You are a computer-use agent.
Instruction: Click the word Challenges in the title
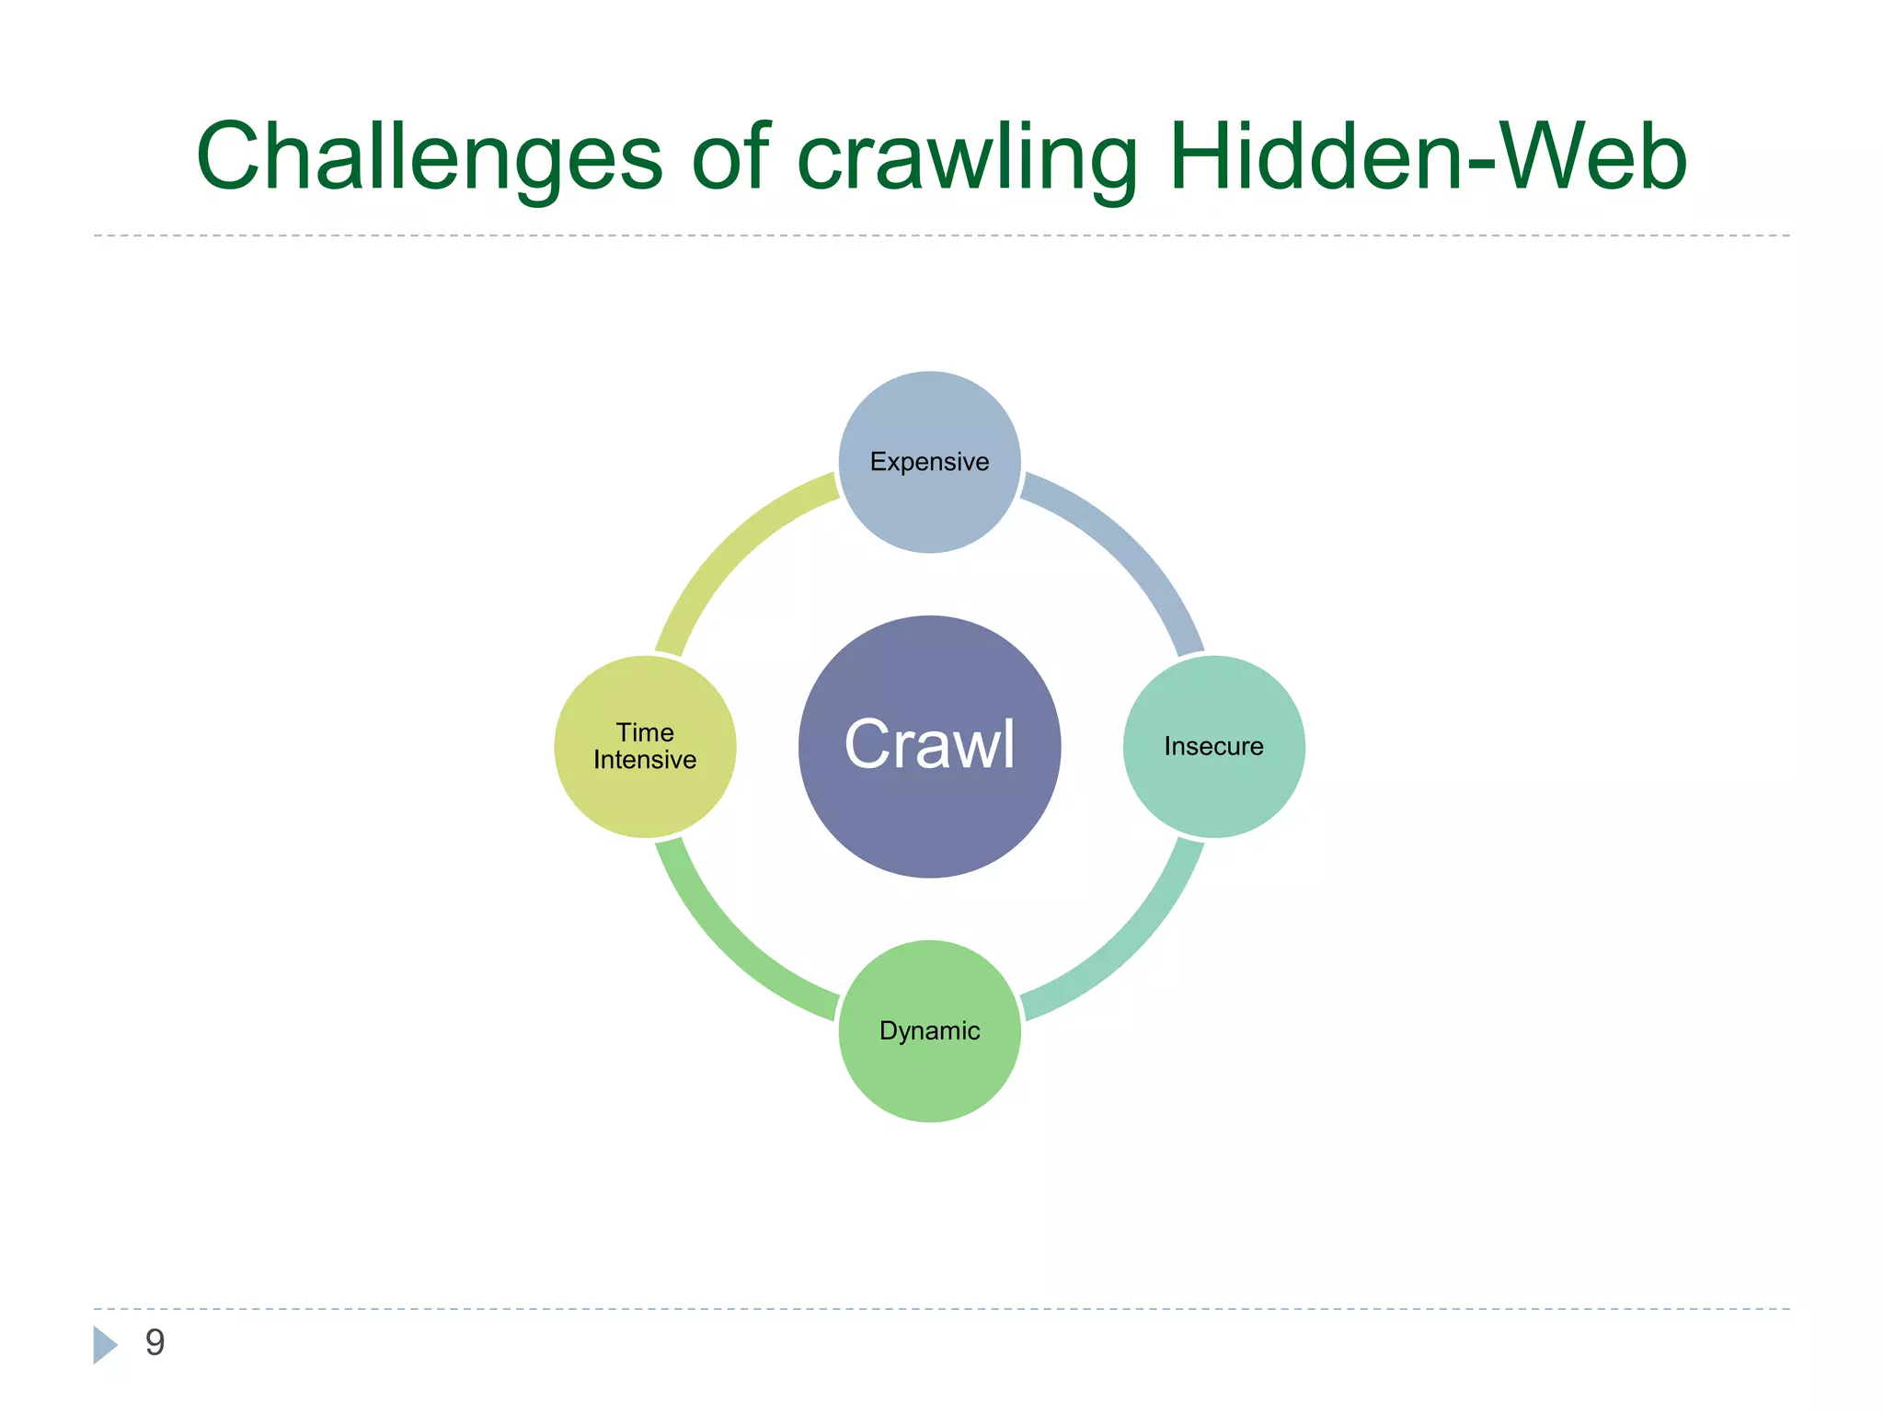pyautogui.click(x=429, y=158)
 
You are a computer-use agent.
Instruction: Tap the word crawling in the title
pyautogui.click(x=966, y=158)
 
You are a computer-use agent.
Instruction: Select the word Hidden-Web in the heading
pyautogui.click(x=1427, y=158)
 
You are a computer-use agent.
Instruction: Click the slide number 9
pyautogui.click(x=155, y=1342)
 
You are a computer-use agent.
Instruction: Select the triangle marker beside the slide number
pyautogui.click(x=104, y=1344)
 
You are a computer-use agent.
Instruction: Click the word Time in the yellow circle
pyautogui.click(x=645, y=732)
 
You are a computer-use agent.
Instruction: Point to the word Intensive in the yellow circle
pyautogui.click(x=645, y=760)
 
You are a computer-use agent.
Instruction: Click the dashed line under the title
pyautogui.click(x=942, y=235)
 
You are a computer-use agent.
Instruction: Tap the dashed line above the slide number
pyautogui.click(x=942, y=1308)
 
